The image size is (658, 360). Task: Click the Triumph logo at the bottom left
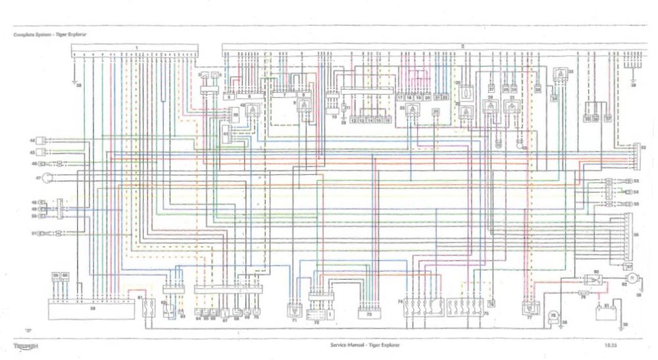coord(26,345)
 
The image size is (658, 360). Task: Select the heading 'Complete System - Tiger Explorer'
coord(49,34)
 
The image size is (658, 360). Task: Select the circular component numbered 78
coord(553,317)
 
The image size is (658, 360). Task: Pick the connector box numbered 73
coord(369,314)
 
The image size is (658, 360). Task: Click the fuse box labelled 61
coord(148,308)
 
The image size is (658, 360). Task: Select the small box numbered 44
coord(43,141)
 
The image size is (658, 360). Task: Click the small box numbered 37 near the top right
coord(608,119)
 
